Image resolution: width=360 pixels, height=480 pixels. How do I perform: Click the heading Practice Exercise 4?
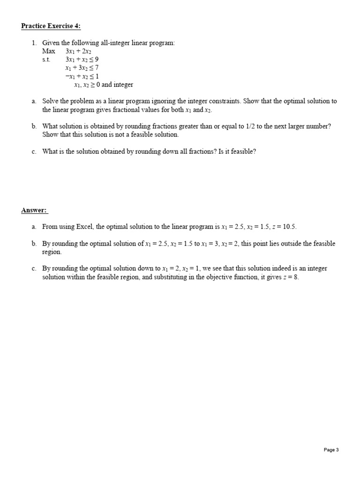[x=47, y=26]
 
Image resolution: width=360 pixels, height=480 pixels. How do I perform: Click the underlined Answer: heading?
[x=34, y=210]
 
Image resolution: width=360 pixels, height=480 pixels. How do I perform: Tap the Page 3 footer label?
[x=331, y=450]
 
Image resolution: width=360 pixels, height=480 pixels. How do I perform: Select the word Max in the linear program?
[x=48, y=51]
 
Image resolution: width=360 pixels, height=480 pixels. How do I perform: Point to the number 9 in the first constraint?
[x=97, y=60]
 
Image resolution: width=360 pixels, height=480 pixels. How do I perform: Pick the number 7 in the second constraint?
[x=97, y=68]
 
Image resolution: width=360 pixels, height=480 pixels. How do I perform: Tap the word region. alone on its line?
[x=52, y=252]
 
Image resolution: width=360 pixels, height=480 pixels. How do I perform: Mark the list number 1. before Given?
[x=34, y=43]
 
